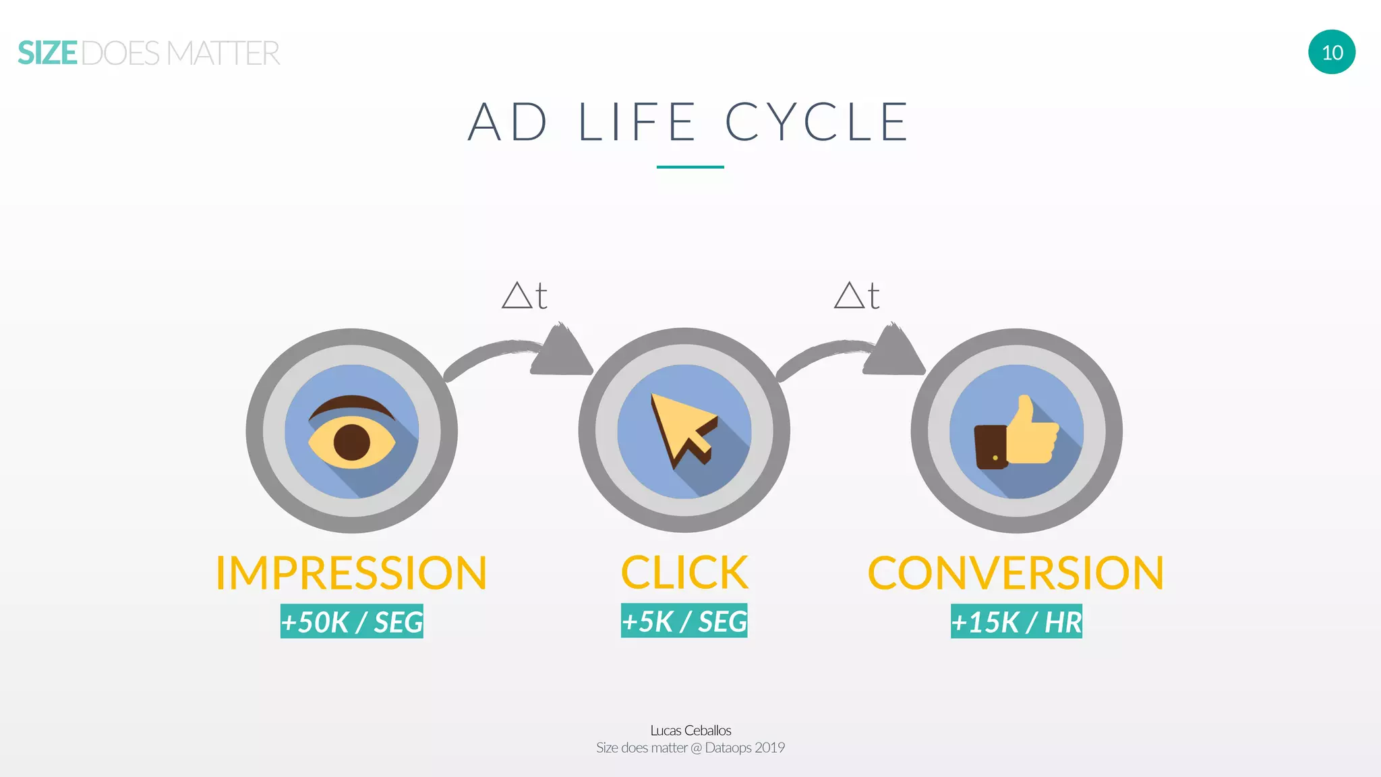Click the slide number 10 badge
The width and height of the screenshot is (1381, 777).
pyautogui.click(x=1332, y=52)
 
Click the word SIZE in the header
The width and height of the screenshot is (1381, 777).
pyautogui.click(x=47, y=53)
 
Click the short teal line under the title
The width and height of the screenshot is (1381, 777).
pyautogui.click(x=690, y=167)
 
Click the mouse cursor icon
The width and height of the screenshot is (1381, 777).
pyautogui.click(x=682, y=430)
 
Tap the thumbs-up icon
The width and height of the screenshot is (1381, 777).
pyautogui.click(x=1017, y=433)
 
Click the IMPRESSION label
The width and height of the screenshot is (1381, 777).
pyautogui.click(x=351, y=573)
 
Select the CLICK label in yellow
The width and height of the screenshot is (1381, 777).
pyautogui.click(x=684, y=573)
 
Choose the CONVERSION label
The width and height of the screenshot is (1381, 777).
pyautogui.click(x=1016, y=573)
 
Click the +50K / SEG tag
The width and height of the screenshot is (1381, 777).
pyautogui.click(x=352, y=621)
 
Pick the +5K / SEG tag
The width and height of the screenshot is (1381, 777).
pyautogui.click(x=684, y=621)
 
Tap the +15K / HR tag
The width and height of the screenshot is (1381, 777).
pyautogui.click(x=1016, y=621)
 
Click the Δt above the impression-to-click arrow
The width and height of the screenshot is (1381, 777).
pyautogui.click(x=524, y=295)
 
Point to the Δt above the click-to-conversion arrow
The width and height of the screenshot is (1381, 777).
pyautogui.click(x=856, y=295)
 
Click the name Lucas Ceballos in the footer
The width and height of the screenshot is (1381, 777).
pyautogui.click(x=690, y=730)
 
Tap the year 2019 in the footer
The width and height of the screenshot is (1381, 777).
pyautogui.click(x=769, y=747)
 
